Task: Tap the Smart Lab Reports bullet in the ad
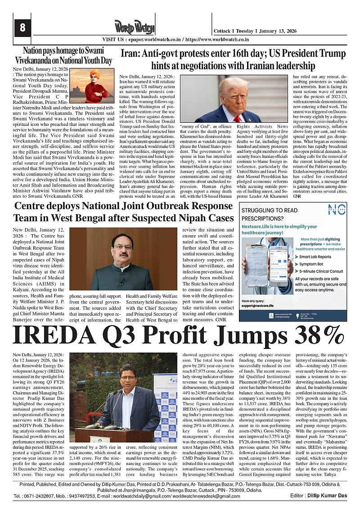(315, 257)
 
